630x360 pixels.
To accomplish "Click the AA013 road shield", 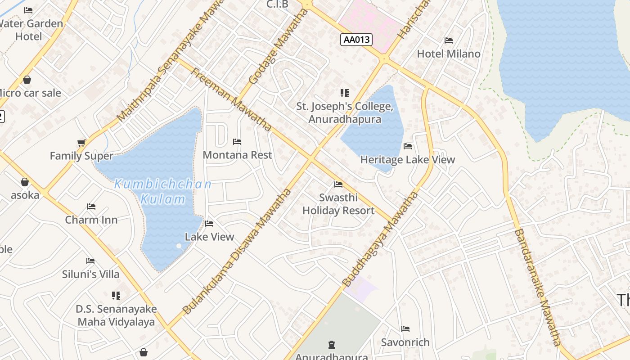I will point(356,40).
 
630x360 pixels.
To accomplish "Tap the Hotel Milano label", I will point(449,54).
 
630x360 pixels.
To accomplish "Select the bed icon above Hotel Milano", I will point(449,40).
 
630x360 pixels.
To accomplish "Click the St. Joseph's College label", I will point(345,113).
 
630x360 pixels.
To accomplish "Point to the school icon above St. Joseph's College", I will point(345,93).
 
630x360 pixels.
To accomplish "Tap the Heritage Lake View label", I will point(408,160).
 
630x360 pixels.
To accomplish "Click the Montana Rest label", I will point(237,155).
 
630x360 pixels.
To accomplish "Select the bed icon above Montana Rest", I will point(237,142).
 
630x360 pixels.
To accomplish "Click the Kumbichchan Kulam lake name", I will point(163,191).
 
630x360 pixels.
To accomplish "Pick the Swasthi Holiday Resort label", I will point(338,204).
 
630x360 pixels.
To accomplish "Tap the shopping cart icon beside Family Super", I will point(81,143).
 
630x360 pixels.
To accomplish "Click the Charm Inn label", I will point(91,220).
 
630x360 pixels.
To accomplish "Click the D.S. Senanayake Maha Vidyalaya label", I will point(116,315).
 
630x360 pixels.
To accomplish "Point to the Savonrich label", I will point(405,342).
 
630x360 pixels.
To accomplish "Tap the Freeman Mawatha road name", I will point(231,99).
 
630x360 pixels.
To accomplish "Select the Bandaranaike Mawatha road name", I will point(537,288).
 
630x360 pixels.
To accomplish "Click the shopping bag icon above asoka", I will point(25,182).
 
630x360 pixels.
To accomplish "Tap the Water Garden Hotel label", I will point(30,30).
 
